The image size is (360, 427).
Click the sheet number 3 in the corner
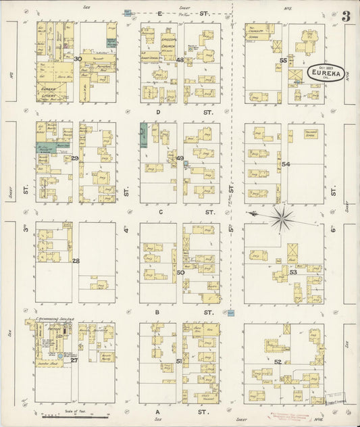click(345, 16)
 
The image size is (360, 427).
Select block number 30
click(78, 59)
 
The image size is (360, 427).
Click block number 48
click(180, 60)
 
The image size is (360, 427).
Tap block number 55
click(284, 61)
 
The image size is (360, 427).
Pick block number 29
click(75, 158)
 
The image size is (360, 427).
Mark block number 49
click(180, 158)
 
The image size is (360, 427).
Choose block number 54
click(286, 164)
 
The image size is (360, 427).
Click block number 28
click(76, 261)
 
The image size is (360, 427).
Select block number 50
click(180, 272)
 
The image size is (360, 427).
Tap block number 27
click(74, 360)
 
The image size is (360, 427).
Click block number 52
click(278, 363)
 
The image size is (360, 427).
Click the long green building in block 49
click(143, 135)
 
